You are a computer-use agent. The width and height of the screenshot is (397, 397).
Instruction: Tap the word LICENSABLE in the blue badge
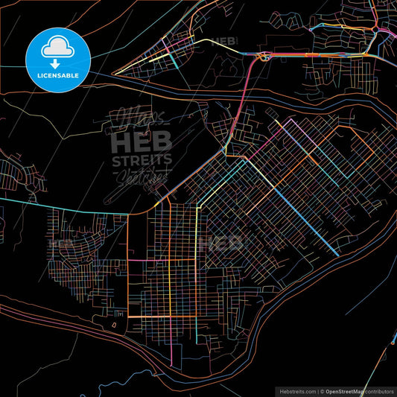coord(58,75)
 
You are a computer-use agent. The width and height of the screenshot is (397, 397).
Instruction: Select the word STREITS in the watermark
coord(141,160)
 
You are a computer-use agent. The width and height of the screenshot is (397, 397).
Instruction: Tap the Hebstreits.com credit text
coord(293,391)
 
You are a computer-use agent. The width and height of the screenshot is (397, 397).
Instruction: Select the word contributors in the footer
coord(381,391)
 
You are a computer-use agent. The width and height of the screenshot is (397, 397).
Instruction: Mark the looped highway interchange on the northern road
coord(262,56)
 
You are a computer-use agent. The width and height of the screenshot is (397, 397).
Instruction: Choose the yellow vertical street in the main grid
coord(171,261)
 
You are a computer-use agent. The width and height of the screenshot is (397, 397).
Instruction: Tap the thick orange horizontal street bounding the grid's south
coord(160,317)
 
